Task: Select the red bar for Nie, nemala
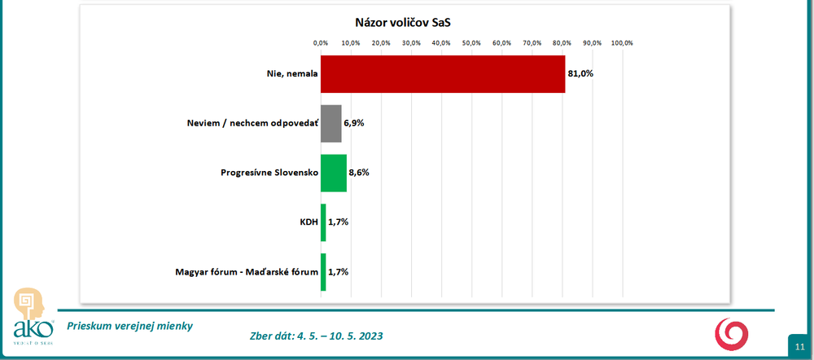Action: [x=442, y=74]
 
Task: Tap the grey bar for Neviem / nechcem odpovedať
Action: [x=330, y=124]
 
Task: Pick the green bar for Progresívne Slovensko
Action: [x=333, y=173]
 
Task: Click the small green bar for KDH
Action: [x=323, y=222]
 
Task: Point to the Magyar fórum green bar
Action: [x=323, y=272]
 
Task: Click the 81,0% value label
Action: [x=580, y=74]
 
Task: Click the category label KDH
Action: [x=307, y=222]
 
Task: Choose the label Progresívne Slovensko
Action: [x=269, y=173]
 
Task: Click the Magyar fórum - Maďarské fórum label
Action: [x=245, y=272]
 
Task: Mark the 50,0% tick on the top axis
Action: [x=471, y=42]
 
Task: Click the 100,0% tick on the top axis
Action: [x=622, y=42]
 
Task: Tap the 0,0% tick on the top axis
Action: [x=321, y=42]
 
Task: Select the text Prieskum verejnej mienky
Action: [x=130, y=326]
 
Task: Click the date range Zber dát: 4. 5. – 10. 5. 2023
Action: [x=316, y=336]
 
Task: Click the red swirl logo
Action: [x=730, y=333]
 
